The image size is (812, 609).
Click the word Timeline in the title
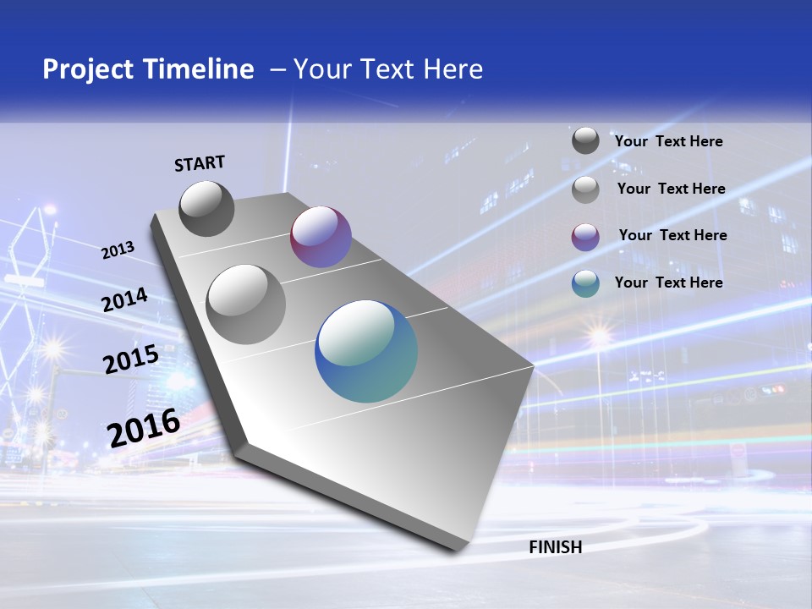(201, 69)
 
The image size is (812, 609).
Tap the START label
(200, 163)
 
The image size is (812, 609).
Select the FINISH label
(555, 547)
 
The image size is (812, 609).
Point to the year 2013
(118, 250)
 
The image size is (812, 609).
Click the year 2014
(125, 300)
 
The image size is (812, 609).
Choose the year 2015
(131, 359)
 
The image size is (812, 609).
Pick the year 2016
(144, 427)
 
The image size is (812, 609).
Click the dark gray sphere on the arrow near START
(206, 208)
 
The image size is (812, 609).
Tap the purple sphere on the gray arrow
(321, 237)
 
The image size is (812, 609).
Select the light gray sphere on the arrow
(246, 304)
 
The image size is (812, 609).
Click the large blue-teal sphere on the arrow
(366, 351)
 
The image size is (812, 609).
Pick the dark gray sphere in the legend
(585, 140)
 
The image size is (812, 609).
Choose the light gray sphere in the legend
(585, 189)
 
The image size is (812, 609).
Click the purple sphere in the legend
(585, 237)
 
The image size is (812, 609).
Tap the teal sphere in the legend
(585, 283)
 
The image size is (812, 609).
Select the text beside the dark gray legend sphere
(668, 141)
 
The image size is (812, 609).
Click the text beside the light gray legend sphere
(671, 189)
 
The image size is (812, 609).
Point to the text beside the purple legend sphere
(672, 235)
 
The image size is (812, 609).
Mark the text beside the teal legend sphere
(668, 283)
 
